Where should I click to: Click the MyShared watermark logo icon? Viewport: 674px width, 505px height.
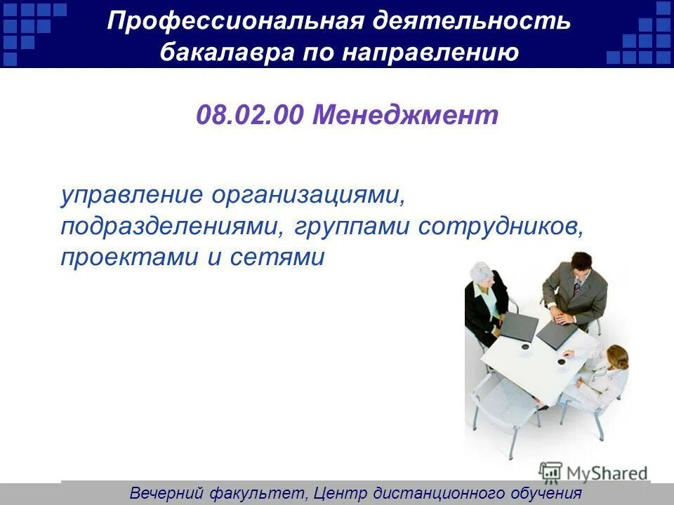(x=550, y=471)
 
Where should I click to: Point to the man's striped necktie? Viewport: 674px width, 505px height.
(x=576, y=286)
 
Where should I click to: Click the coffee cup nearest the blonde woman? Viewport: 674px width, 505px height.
(x=562, y=362)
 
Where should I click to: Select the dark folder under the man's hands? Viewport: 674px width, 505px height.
(x=556, y=332)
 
